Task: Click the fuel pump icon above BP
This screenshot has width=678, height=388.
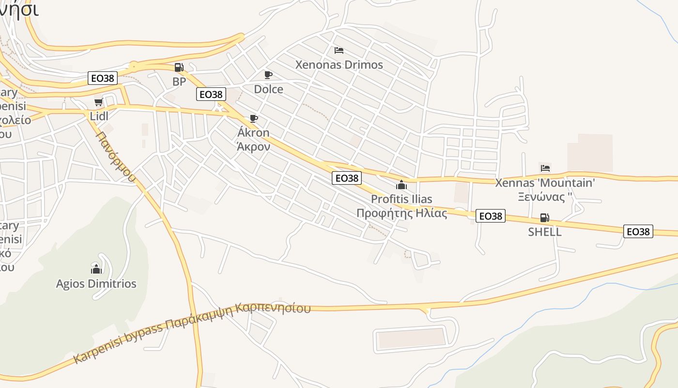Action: pyautogui.click(x=179, y=67)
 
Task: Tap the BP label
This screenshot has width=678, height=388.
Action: pyautogui.click(x=179, y=81)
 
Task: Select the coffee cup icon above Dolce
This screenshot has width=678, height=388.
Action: pyautogui.click(x=268, y=75)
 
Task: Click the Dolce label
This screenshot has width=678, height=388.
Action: pyautogui.click(x=268, y=89)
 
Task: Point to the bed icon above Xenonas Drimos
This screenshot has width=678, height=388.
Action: pyautogui.click(x=339, y=50)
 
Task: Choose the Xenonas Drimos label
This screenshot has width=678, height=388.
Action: pyautogui.click(x=339, y=65)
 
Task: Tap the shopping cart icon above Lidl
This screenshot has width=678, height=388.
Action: pyautogui.click(x=98, y=102)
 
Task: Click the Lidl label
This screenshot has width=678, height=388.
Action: pyautogui.click(x=99, y=116)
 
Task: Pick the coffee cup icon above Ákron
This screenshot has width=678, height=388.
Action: pyautogui.click(x=253, y=118)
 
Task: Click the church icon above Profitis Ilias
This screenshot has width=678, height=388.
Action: pyautogui.click(x=401, y=185)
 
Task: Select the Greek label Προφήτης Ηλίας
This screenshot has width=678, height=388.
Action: pyautogui.click(x=401, y=213)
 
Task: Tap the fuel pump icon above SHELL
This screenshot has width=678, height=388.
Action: pyautogui.click(x=545, y=218)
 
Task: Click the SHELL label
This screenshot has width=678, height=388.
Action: pyautogui.click(x=545, y=232)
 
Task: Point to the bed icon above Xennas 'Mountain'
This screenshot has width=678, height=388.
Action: pyautogui.click(x=545, y=168)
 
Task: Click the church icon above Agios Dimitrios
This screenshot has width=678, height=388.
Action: pyautogui.click(x=96, y=269)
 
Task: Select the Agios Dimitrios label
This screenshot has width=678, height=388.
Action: pyautogui.click(x=96, y=284)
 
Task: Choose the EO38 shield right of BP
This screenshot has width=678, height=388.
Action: pyautogui.click(x=212, y=94)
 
